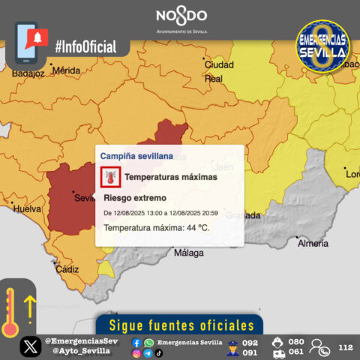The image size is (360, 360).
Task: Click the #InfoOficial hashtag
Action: point(85,46)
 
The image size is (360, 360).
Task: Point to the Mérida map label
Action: point(66,70)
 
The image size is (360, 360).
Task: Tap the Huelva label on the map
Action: point(28,208)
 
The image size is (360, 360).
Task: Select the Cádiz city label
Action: point(67,269)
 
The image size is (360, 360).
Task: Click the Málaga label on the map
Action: point(188,253)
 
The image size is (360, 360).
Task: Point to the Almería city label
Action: point(313,244)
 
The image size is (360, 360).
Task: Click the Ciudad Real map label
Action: point(219,71)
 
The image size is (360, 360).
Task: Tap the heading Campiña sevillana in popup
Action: point(136,156)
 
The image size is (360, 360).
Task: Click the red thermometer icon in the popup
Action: point(111,177)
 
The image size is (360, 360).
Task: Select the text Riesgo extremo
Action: point(134,198)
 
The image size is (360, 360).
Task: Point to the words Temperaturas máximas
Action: point(171,177)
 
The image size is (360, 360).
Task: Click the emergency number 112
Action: point(345,347)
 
